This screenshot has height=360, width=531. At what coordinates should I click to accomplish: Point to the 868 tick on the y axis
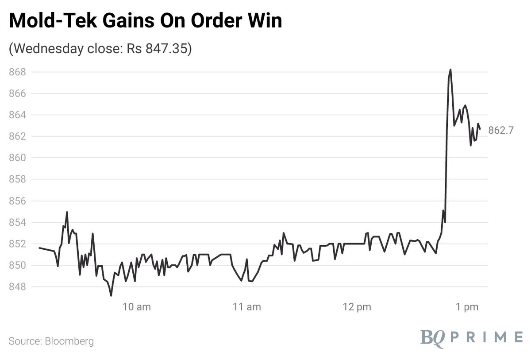click(x=18, y=72)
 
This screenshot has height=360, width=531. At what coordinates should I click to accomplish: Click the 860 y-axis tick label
click(x=18, y=158)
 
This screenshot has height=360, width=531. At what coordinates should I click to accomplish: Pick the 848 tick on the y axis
click(x=18, y=287)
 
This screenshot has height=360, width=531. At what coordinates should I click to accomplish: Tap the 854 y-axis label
click(x=18, y=223)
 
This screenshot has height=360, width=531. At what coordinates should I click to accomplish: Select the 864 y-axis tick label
click(x=18, y=115)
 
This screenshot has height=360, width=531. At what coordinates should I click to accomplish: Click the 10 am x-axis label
click(x=136, y=306)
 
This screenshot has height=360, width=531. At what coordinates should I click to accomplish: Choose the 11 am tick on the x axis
click(x=246, y=306)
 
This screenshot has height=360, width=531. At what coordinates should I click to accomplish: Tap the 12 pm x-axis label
click(x=357, y=306)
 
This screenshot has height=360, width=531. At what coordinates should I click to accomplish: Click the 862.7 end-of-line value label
click(x=501, y=131)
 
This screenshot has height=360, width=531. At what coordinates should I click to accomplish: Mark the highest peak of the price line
click(x=450, y=70)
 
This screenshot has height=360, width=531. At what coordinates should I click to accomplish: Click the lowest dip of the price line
click(x=111, y=295)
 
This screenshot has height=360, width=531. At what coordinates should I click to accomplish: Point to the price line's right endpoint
click(x=480, y=129)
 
